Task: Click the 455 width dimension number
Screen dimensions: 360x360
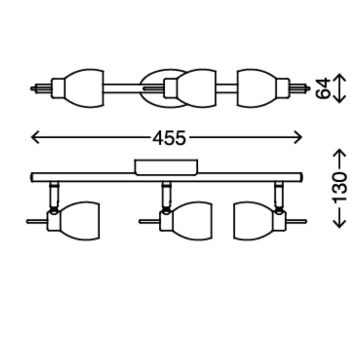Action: click(x=169, y=138)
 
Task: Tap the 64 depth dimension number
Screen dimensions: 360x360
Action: click(x=323, y=88)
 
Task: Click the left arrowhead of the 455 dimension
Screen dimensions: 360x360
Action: click(x=34, y=137)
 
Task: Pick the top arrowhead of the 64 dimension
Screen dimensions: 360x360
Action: click(x=340, y=77)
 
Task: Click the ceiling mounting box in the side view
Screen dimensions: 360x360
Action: click(x=166, y=167)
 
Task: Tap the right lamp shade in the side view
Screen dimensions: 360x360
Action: click(x=252, y=221)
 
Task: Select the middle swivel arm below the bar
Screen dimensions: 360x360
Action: click(x=166, y=195)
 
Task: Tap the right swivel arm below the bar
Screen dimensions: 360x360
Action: click(x=279, y=195)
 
